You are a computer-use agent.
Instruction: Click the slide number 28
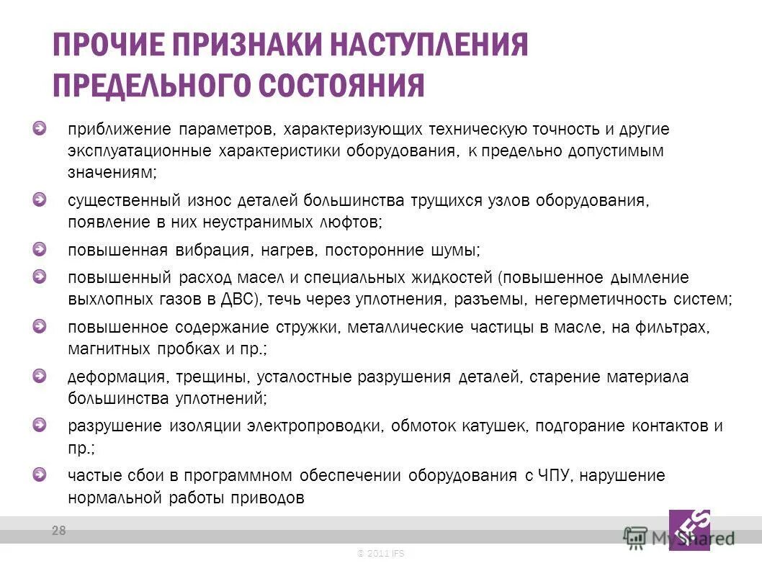[58, 531]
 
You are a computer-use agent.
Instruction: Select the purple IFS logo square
[689, 530]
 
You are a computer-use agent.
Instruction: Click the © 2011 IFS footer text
[381, 553]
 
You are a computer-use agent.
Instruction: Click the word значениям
[110, 173]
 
